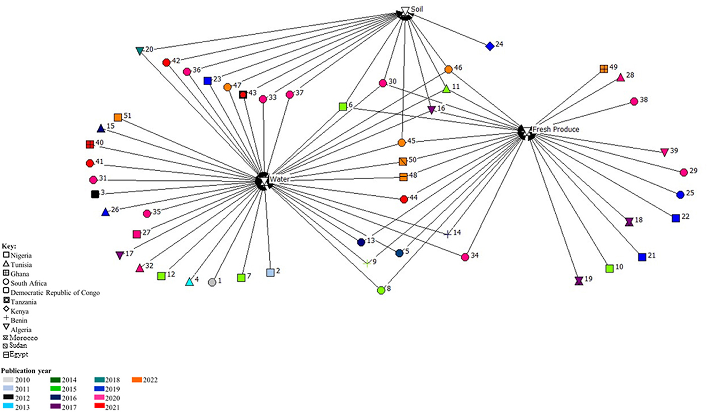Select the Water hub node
[x=263, y=180]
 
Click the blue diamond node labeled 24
[x=489, y=47]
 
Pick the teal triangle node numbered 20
[x=139, y=51]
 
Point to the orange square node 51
[x=118, y=117]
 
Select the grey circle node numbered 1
[x=212, y=282]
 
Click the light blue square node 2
[x=270, y=272]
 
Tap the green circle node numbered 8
[x=381, y=290]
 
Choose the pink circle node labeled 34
[x=465, y=257]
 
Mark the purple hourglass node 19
[x=578, y=280]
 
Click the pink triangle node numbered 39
[x=664, y=152]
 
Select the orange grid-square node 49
[x=603, y=68]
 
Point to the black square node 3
[x=95, y=194]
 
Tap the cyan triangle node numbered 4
[x=189, y=281]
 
